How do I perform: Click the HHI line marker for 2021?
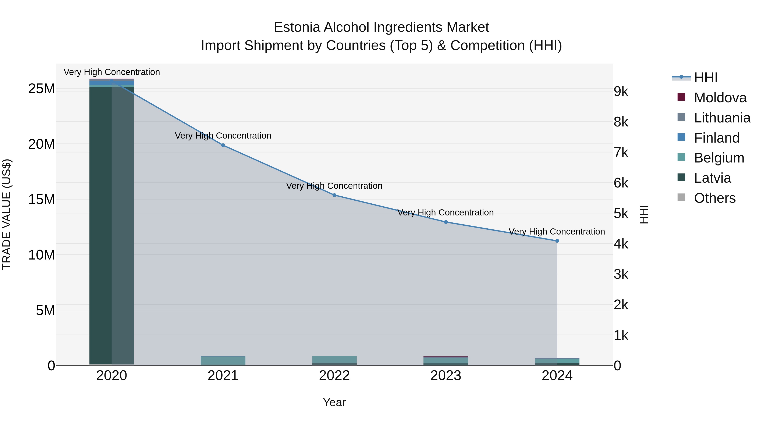(223, 145)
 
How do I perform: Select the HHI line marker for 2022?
(334, 195)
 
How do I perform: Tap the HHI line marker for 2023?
(446, 222)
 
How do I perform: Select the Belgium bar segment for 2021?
(223, 360)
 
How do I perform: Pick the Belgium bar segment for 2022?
(334, 360)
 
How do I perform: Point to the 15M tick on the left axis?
(42, 200)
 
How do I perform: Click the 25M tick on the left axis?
(42, 89)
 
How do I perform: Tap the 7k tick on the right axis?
(621, 153)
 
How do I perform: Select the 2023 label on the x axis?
(446, 376)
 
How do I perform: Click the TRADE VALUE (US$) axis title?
(7, 214)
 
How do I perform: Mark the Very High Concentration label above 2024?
(557, 232)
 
